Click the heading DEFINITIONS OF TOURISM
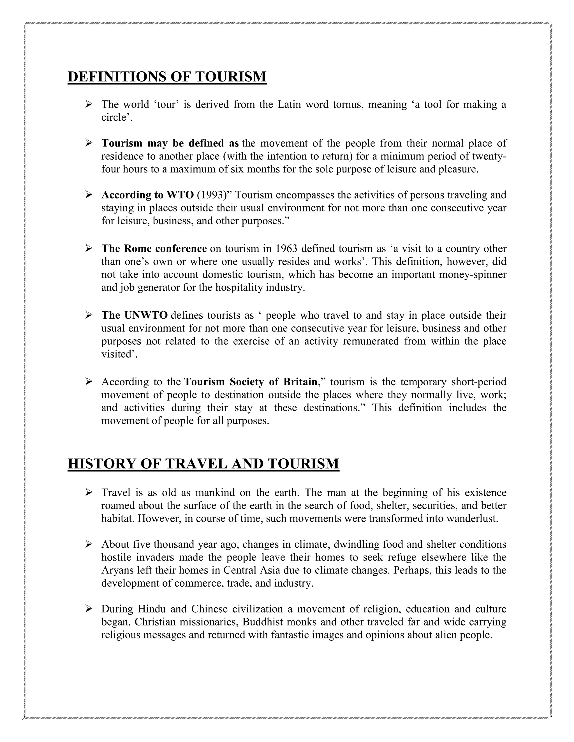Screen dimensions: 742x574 (167, 77)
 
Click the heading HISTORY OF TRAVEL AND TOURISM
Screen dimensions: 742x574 (203, 464)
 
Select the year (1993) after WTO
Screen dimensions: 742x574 (212, 195)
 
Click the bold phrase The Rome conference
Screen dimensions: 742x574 (154, 249)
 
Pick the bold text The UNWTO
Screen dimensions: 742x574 (134, 315)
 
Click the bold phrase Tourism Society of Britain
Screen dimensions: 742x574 (251, 382)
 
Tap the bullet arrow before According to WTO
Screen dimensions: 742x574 (89, 195)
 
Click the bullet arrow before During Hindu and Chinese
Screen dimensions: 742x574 (89, 609)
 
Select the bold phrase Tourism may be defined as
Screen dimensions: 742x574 (170, 143)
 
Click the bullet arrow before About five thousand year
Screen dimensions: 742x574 (89, 544)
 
